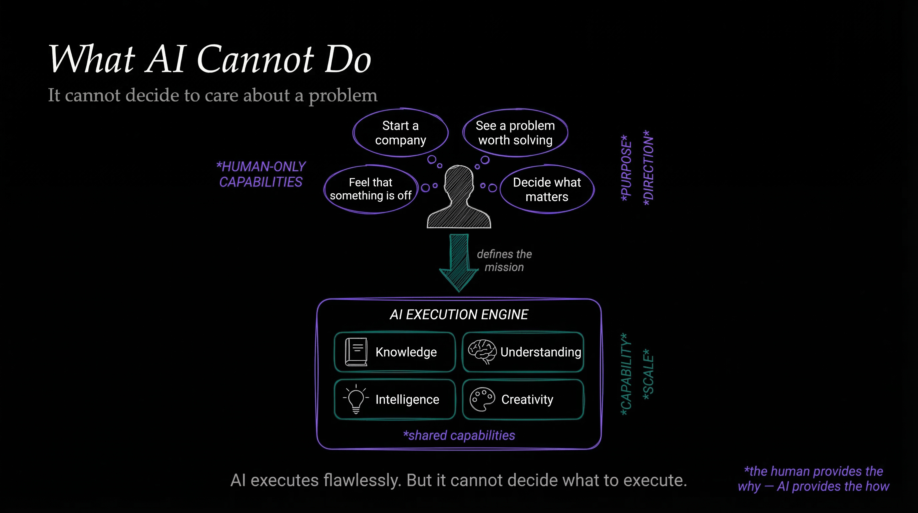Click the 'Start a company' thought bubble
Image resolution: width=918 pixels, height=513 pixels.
(x=400, y=133)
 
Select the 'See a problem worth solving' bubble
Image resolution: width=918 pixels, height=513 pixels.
(x=515, y=133)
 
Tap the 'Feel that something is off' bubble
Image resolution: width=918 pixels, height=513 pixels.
(x=371, y=189)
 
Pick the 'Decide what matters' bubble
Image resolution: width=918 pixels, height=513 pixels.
(x=547, y=189)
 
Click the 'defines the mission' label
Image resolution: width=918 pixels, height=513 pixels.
(x=504, y=261)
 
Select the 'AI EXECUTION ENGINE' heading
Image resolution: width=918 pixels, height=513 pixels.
(x=459, y=315)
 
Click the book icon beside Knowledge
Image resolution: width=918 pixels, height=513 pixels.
(x=356, y=352)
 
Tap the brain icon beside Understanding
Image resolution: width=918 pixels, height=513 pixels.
(x=482, y=351)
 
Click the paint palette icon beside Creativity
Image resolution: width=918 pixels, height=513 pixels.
(x=482, y=399)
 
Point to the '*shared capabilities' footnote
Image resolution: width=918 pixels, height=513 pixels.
(x=459, y=435)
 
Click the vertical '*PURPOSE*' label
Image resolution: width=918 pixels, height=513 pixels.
(x=626, y=168)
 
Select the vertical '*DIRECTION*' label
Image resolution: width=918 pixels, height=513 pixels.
(x=648, y=168)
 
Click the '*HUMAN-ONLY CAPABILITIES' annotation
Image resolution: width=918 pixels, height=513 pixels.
(x=261, y=174)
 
